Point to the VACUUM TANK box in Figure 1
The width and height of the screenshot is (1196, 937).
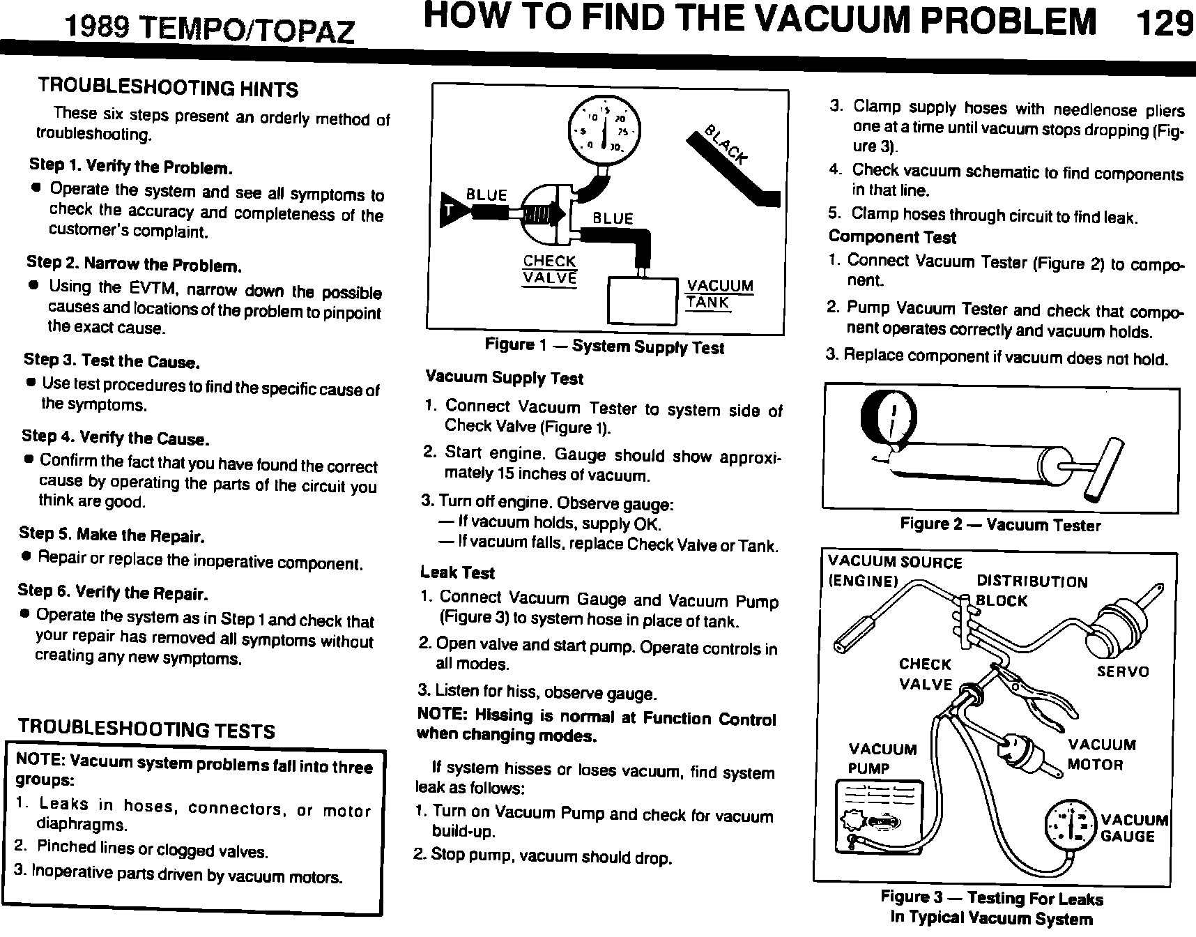pyautogui.click(x=643, y=302)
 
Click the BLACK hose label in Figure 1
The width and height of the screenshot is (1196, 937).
pyautogui.click(x=726, y=145)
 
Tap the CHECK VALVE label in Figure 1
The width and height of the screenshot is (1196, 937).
pyautogui.click(x=550, y=269)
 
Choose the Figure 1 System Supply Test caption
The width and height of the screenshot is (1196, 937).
pyautogui.click(x=604, y=346)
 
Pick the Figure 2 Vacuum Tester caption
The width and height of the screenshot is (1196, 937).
pyautogui.click(x=1000, y=524)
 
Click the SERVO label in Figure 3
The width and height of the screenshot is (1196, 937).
pyautogui.click(x=1123, y=671)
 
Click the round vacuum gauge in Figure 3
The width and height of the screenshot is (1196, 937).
pyautogui.click(x=1070, y=827)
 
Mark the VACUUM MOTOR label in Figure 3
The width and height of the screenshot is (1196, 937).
pyautogui.click(x=1101, y=755)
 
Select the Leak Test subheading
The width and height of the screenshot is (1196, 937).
pyautogui.click(x=457, y=572)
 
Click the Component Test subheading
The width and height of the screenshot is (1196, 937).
pyautogui.click(x=892, y=237)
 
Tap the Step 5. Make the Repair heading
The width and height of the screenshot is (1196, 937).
pyautogui.click(x=112, y=535)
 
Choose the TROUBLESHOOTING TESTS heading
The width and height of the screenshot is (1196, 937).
pyautogui.click(x=146, y=729)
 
